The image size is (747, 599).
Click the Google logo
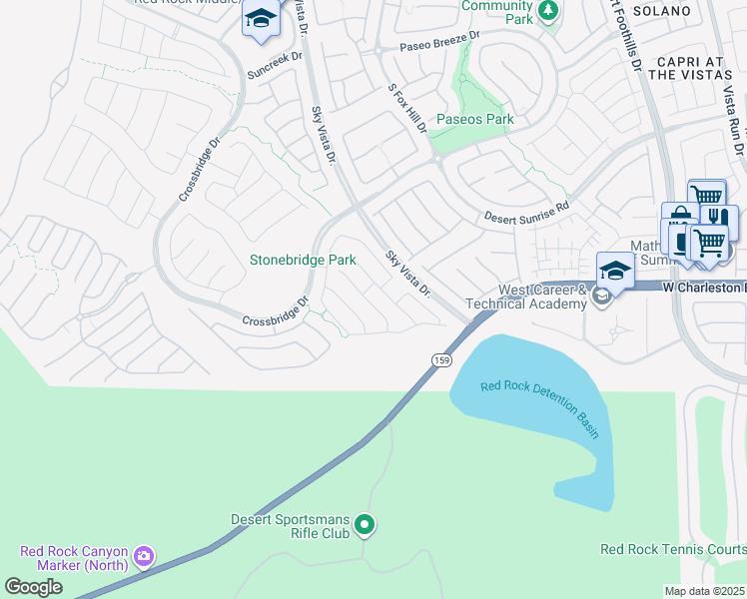click(33, 587)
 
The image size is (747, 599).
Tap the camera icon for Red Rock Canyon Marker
click(144, 555)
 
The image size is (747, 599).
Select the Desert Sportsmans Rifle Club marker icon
click(365, 523)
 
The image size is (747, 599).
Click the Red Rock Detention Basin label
click(539, 409)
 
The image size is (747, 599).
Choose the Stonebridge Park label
click(303, 260)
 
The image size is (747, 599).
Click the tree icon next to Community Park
click(547, 10)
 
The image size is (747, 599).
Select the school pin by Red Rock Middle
click(262, 20)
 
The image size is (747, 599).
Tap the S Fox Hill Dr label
click(408, 110)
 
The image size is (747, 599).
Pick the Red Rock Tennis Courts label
click(672, 549)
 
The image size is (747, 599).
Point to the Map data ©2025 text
click(705, 591)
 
